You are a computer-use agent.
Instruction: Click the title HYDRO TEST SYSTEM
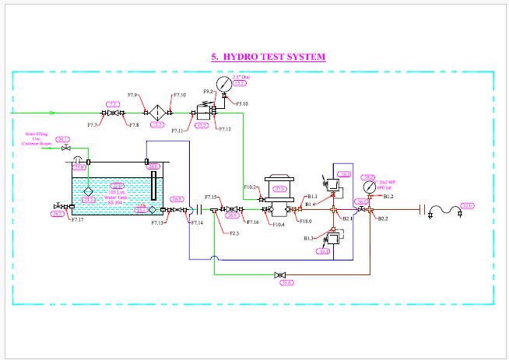[x=268, y=57]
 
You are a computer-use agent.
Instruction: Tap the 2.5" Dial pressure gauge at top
[x=223, y=82]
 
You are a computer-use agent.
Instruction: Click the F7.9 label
[x=132, y=96]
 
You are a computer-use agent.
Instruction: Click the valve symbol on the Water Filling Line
[x=66, y=148]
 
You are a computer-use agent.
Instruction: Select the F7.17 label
[x=77, y=220]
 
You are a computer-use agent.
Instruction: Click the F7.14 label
[x=196, y=223]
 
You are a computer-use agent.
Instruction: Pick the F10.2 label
[x=251, y=187]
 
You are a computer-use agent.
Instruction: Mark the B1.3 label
[x=310, y=238]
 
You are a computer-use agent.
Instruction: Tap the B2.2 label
[x=383, y=219]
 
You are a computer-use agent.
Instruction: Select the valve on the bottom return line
[x=279, y=274]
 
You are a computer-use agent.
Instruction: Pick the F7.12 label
[x=224, y=128]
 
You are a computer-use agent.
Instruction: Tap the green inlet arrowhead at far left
[x=31, y=114]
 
